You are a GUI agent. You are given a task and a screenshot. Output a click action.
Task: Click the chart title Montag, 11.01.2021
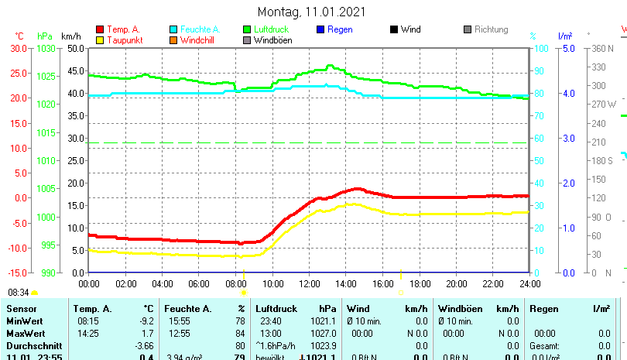[x=311, y=12]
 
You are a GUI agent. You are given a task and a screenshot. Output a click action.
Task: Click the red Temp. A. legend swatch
[x=99, y=29]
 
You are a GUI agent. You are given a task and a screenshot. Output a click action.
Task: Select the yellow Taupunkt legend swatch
[x=99, y=40]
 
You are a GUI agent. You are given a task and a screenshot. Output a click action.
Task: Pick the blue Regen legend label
[x=340, y=29]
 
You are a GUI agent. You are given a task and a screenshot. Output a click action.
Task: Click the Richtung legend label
[x=491, y=29]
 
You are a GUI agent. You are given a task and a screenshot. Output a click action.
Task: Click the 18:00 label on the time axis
[x=420, y=283]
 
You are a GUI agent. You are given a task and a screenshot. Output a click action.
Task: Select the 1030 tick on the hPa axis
[x=46, y=48]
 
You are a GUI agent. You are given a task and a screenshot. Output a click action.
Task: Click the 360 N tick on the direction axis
[x=602, y=48]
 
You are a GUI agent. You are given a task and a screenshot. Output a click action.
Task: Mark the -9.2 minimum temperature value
[x=146, y=321]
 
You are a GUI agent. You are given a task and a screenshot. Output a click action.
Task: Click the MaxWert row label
[x=26, y=333]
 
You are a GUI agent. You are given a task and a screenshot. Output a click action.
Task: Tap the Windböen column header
[x=459, y=309]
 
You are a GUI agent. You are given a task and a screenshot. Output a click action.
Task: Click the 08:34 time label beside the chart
[x=19, y=293]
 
